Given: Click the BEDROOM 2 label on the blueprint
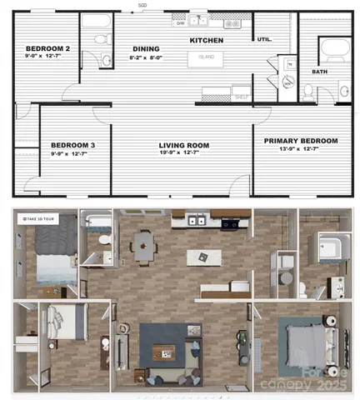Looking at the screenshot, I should [x=47, y=49].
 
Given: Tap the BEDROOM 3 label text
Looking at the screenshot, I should [x=72, y=145].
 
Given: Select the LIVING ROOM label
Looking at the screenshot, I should [x=184, y=145].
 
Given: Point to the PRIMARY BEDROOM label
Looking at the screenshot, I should [x=301, y=141].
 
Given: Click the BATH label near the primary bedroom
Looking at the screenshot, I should [x=320, y=72].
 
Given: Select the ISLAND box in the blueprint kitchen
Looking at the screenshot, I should [x=205, y=58].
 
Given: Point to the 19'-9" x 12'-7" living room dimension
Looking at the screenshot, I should [x=184, y=153].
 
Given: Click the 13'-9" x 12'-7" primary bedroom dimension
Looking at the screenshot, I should [x=301, y=150].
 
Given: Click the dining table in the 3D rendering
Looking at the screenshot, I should [x=145, y=245].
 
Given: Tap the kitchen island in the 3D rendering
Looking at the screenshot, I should [x=200, y=257].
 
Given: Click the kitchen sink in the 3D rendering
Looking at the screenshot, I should [x=197, y=221].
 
